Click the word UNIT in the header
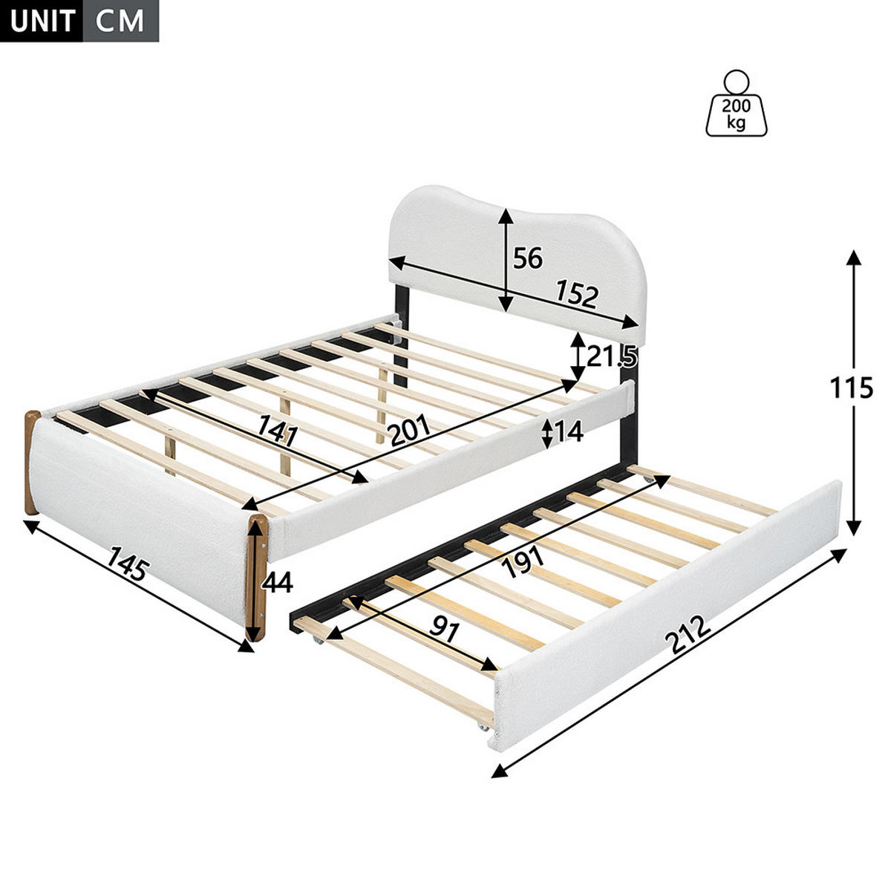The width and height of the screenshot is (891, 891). (42, 22)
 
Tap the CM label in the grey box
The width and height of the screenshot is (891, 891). (120, 22)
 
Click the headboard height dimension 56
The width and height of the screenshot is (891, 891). (528, 258)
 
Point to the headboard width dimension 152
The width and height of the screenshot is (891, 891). (577, 295)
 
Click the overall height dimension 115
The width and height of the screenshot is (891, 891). (851, 388)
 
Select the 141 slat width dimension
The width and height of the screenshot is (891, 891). (278, 431)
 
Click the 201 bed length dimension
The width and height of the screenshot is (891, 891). (410, 430)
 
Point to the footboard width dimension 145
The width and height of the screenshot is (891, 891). (128, 563)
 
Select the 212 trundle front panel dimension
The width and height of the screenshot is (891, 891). (688, 635)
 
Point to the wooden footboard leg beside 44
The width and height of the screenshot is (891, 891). (258, 578)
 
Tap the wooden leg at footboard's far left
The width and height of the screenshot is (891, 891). (32, 463)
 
